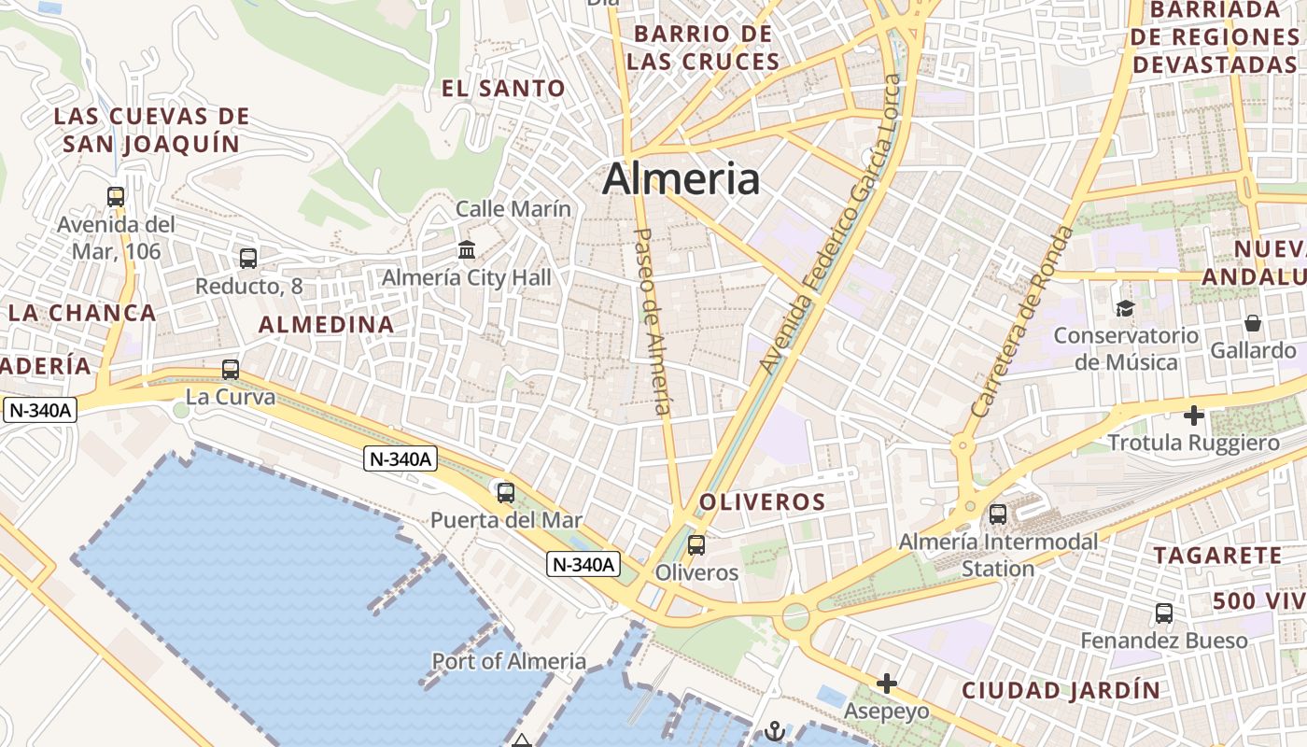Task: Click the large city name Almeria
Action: click(x=681, y=179)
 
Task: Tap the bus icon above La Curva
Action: click(x=231, y=370)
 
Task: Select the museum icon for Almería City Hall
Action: click(x=467, y=250)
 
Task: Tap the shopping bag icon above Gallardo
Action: click(x=1253, y=323)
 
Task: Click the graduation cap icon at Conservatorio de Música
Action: click(x=1125, y=308)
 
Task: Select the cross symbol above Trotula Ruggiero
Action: click(x=1193, y=415)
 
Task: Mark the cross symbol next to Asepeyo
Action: click(x=886, y=684)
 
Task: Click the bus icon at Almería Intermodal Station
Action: click(x=998, y=514)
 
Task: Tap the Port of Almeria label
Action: click(x=509, y=662)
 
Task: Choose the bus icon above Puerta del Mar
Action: click(x=506, y=492)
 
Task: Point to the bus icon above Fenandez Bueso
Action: click(x=1164, y=613)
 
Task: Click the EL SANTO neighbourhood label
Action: click(x=503, y=89)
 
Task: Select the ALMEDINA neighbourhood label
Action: click(x=326, y=325)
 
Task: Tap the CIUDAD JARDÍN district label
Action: click(x=1061, y=691)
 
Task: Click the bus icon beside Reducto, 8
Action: click(x=248, y=259)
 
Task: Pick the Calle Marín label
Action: click(x=513, y=209)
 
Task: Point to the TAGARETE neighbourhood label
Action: click(x=1217, y=556)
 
